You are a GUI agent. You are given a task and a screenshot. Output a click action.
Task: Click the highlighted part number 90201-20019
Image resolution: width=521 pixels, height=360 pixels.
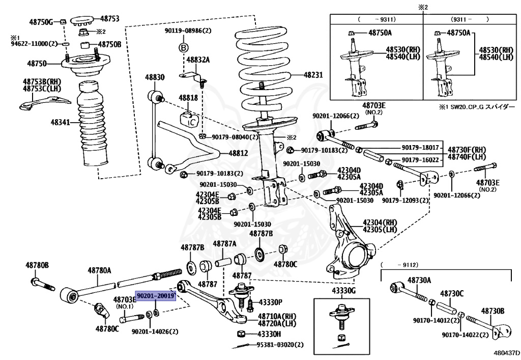pyautogui.click(x=156, y=295)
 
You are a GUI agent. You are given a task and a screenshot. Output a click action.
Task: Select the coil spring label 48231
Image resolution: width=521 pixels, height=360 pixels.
pyautogui.click(x=313, y=75)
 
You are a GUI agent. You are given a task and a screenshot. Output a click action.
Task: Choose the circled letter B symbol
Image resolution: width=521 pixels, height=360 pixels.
pyautogui.click(x=184, y=48)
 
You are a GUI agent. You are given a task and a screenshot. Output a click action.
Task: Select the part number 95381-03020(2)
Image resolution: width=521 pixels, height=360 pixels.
pyautogui.click(x=280, y=345)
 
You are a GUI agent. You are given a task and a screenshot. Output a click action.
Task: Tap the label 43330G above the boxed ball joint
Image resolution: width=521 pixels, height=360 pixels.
pyautogui.click(x=343, y=291)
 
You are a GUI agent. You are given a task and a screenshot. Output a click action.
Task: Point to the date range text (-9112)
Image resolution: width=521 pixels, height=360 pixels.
pyautogui.click(x=399, y=265)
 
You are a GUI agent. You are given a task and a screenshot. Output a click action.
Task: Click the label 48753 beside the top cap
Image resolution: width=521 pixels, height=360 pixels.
pyautogui.click(x=110, y=19)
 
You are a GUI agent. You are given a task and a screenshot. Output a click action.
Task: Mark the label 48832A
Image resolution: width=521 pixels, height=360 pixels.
pyautogui.click(x=198, y=60)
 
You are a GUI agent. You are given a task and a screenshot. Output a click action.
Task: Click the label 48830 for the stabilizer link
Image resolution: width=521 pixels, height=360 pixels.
pyautogui.click(x=155, y=77)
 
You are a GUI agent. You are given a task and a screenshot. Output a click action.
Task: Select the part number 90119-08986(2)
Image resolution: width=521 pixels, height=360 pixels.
pyautogui.click(x=188, y=31)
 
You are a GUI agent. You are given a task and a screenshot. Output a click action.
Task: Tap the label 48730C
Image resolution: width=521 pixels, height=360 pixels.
pyautogui.click(x=452, y=293)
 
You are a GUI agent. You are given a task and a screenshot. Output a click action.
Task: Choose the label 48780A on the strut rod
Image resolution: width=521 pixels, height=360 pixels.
pyautogui.click(x=99, y=270)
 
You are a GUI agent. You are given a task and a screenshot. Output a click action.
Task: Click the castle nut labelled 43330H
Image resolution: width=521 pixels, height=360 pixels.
pyautogui.click(x=242, y=334)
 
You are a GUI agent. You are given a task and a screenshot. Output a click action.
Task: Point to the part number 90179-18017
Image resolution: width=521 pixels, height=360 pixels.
pyautogui.click(x=420, y=148)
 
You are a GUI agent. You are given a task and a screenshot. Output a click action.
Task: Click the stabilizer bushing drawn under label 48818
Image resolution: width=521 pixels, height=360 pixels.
pyautogui.click(x=189, y=119)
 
